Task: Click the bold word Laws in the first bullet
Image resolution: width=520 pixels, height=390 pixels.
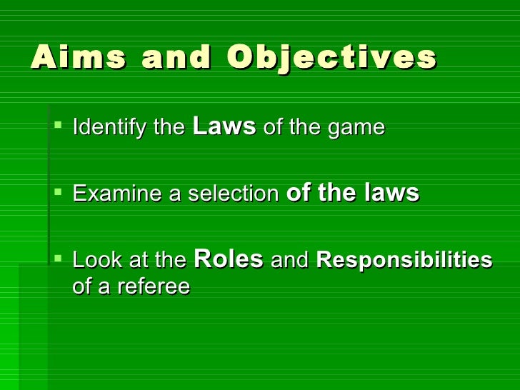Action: (224, 127)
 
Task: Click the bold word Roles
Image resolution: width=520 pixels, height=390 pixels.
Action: (229, 259)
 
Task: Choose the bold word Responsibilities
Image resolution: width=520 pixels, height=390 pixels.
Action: (404, 261)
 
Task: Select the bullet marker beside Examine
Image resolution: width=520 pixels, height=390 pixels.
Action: (58, 192)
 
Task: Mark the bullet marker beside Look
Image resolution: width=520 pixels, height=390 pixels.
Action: (58, 259)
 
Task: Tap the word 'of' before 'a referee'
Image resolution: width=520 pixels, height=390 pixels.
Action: (82, 286)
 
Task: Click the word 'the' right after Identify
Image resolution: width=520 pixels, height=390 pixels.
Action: (169, 129)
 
